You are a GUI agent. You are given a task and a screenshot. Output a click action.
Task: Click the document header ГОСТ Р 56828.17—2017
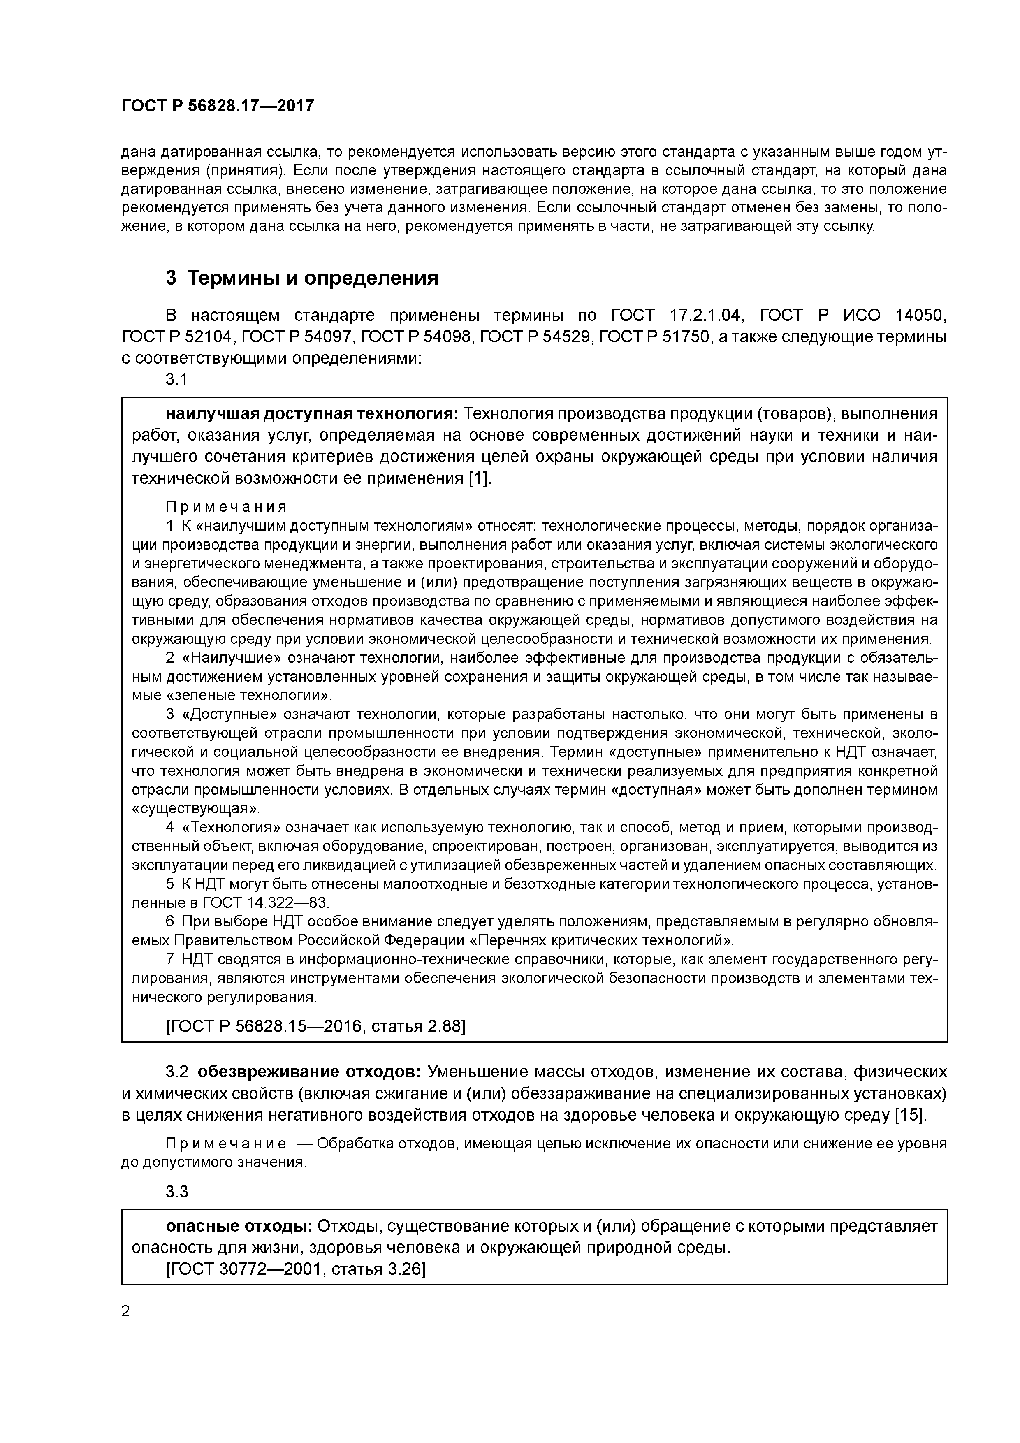218,106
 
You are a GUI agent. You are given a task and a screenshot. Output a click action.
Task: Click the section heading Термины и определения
301,277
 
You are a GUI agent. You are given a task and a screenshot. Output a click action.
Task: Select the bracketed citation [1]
479,478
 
